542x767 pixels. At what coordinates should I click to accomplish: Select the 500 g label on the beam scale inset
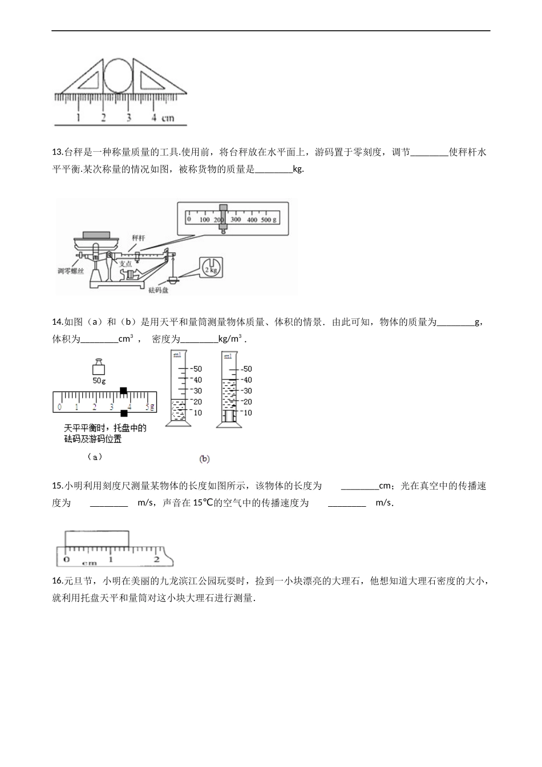(269, 220)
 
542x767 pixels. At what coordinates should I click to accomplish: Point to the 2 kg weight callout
(211, 267)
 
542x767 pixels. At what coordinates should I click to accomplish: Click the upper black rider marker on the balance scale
(123, 390)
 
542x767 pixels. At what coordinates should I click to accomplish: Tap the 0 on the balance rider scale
(59, 407)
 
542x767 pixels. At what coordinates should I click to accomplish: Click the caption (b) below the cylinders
(204, 458)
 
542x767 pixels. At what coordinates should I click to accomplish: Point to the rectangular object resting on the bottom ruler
(97, 539)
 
